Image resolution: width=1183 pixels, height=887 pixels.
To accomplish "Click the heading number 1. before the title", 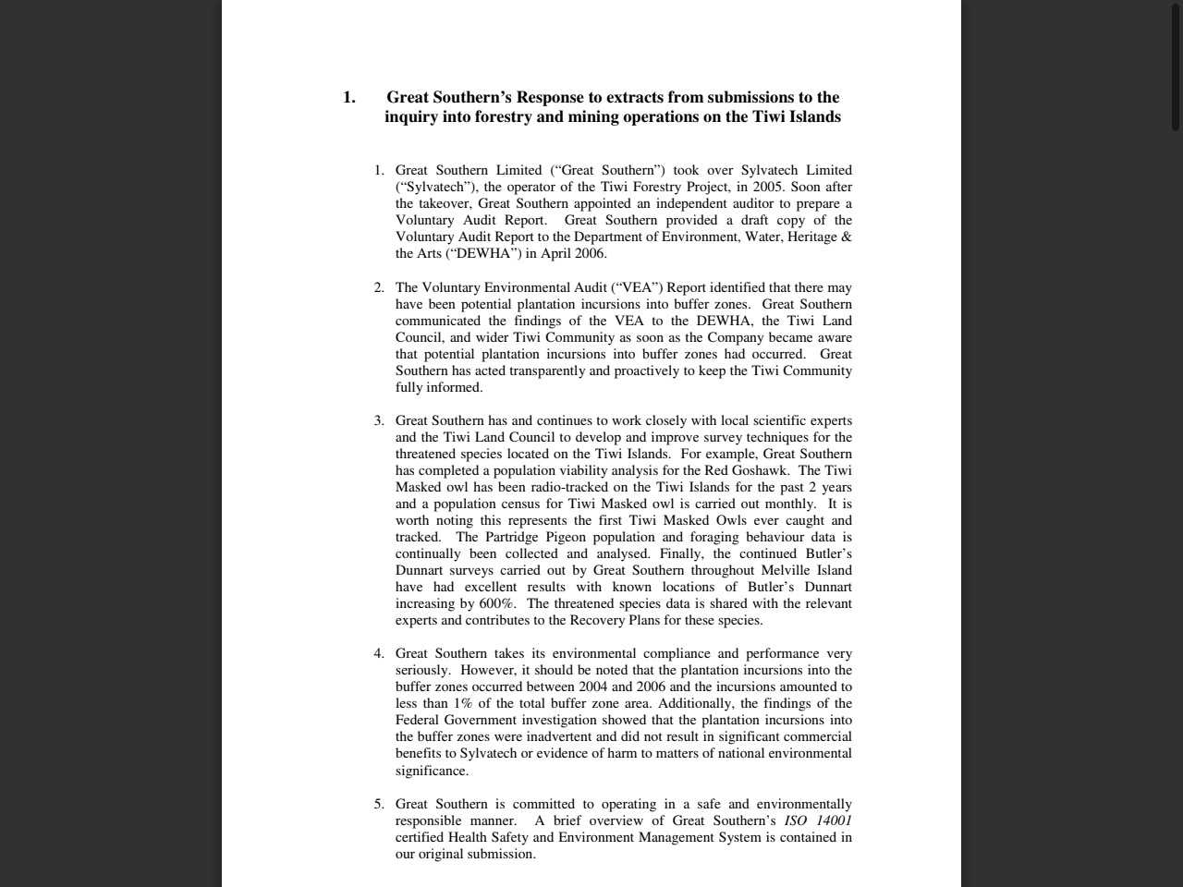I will click(348, 97).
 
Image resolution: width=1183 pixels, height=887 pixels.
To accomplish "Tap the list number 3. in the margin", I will click(379, 420).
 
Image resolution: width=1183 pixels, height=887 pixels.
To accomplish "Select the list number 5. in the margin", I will click(379, 804).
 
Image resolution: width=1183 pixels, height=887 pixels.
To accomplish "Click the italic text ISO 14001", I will click(818, 820).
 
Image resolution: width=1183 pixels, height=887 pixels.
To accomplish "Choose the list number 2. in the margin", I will click(379, 287).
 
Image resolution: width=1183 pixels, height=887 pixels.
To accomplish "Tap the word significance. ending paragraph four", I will click(432, 770).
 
